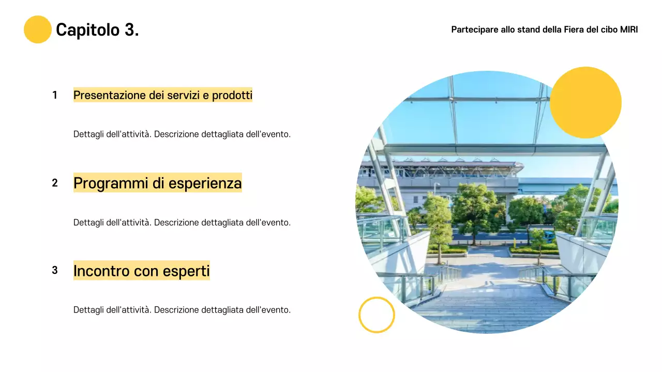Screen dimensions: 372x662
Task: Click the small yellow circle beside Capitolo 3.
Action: (38, 29)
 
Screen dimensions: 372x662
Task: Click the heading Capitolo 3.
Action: (97, 30)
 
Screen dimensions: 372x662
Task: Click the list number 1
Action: (55, 95)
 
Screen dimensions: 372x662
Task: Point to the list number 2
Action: (55, 183)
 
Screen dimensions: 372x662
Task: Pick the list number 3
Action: (55, 270)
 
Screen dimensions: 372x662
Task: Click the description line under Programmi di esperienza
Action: (182, 223)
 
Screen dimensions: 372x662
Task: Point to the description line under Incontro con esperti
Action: (182, 310)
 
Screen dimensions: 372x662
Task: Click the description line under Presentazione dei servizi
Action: (182, 134)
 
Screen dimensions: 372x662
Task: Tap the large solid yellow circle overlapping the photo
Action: (585, 102)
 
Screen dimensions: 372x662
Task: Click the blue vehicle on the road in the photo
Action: (549, 236)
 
